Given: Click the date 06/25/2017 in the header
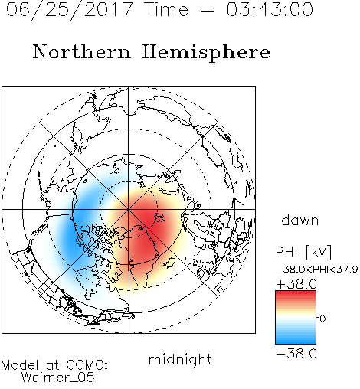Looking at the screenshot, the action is point(69,10).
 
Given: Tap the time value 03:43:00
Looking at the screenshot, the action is point(270,9).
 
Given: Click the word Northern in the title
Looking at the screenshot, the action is point(82,52).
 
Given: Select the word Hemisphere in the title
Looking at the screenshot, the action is point(206,53).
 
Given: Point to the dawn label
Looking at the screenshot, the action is point(300,221).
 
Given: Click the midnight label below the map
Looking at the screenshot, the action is point(180,359).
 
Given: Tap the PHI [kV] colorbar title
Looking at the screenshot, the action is point(303,252).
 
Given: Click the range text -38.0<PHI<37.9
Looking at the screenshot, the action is point(316,270).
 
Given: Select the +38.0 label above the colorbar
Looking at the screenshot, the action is point(296,284).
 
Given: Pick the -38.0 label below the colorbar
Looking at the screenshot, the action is point(296,354).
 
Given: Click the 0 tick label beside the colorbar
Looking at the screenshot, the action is point(322,319).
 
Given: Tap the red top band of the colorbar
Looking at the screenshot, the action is point(296,294).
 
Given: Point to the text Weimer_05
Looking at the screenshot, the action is point(58,378).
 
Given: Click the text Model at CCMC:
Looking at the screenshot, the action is point(54,365).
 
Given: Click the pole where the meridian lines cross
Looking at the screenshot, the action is point(129,210).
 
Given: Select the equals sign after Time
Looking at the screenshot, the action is point(208,10).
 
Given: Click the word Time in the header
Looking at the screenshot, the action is point(166,9).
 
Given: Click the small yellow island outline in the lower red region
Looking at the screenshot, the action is point(169,263).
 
